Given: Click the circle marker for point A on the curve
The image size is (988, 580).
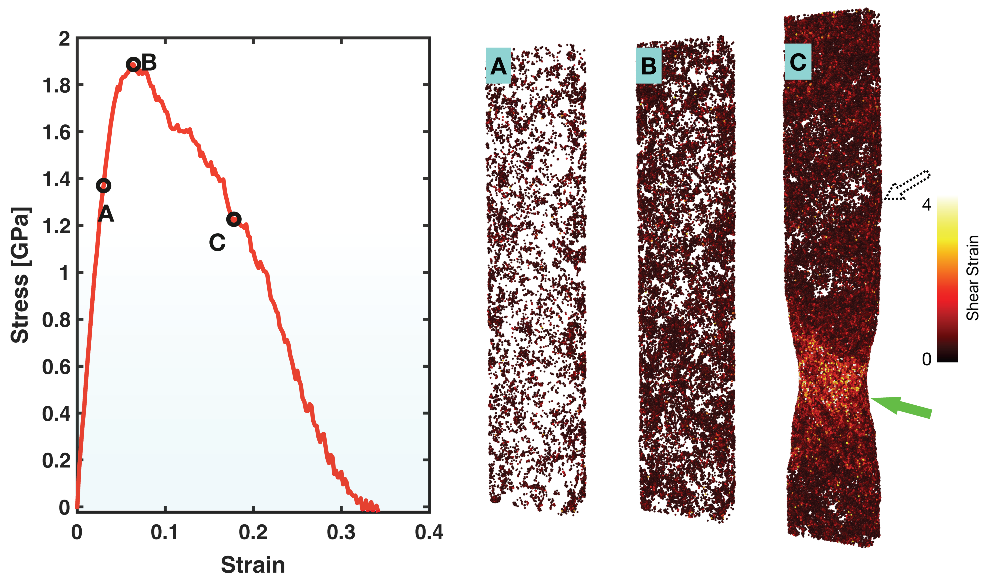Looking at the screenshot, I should [103, 185].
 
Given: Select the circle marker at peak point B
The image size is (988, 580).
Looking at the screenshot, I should [133, 64].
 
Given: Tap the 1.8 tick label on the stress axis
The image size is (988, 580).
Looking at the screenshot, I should [56, 86].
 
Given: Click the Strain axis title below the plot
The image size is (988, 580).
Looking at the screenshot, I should [253, 565].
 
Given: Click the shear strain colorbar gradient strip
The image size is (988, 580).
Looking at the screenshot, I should [947, 279].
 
